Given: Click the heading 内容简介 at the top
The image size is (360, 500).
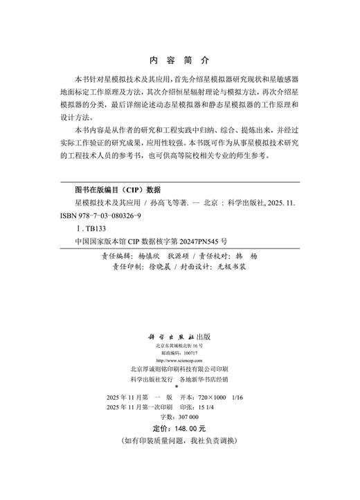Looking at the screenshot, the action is (x=179, y=60).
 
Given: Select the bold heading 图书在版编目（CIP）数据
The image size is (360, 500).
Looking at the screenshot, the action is (x=117, y=189).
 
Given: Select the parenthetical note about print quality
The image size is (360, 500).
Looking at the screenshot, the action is (x=179, y=440).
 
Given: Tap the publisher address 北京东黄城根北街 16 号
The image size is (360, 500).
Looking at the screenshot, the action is (x=179, y=345).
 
